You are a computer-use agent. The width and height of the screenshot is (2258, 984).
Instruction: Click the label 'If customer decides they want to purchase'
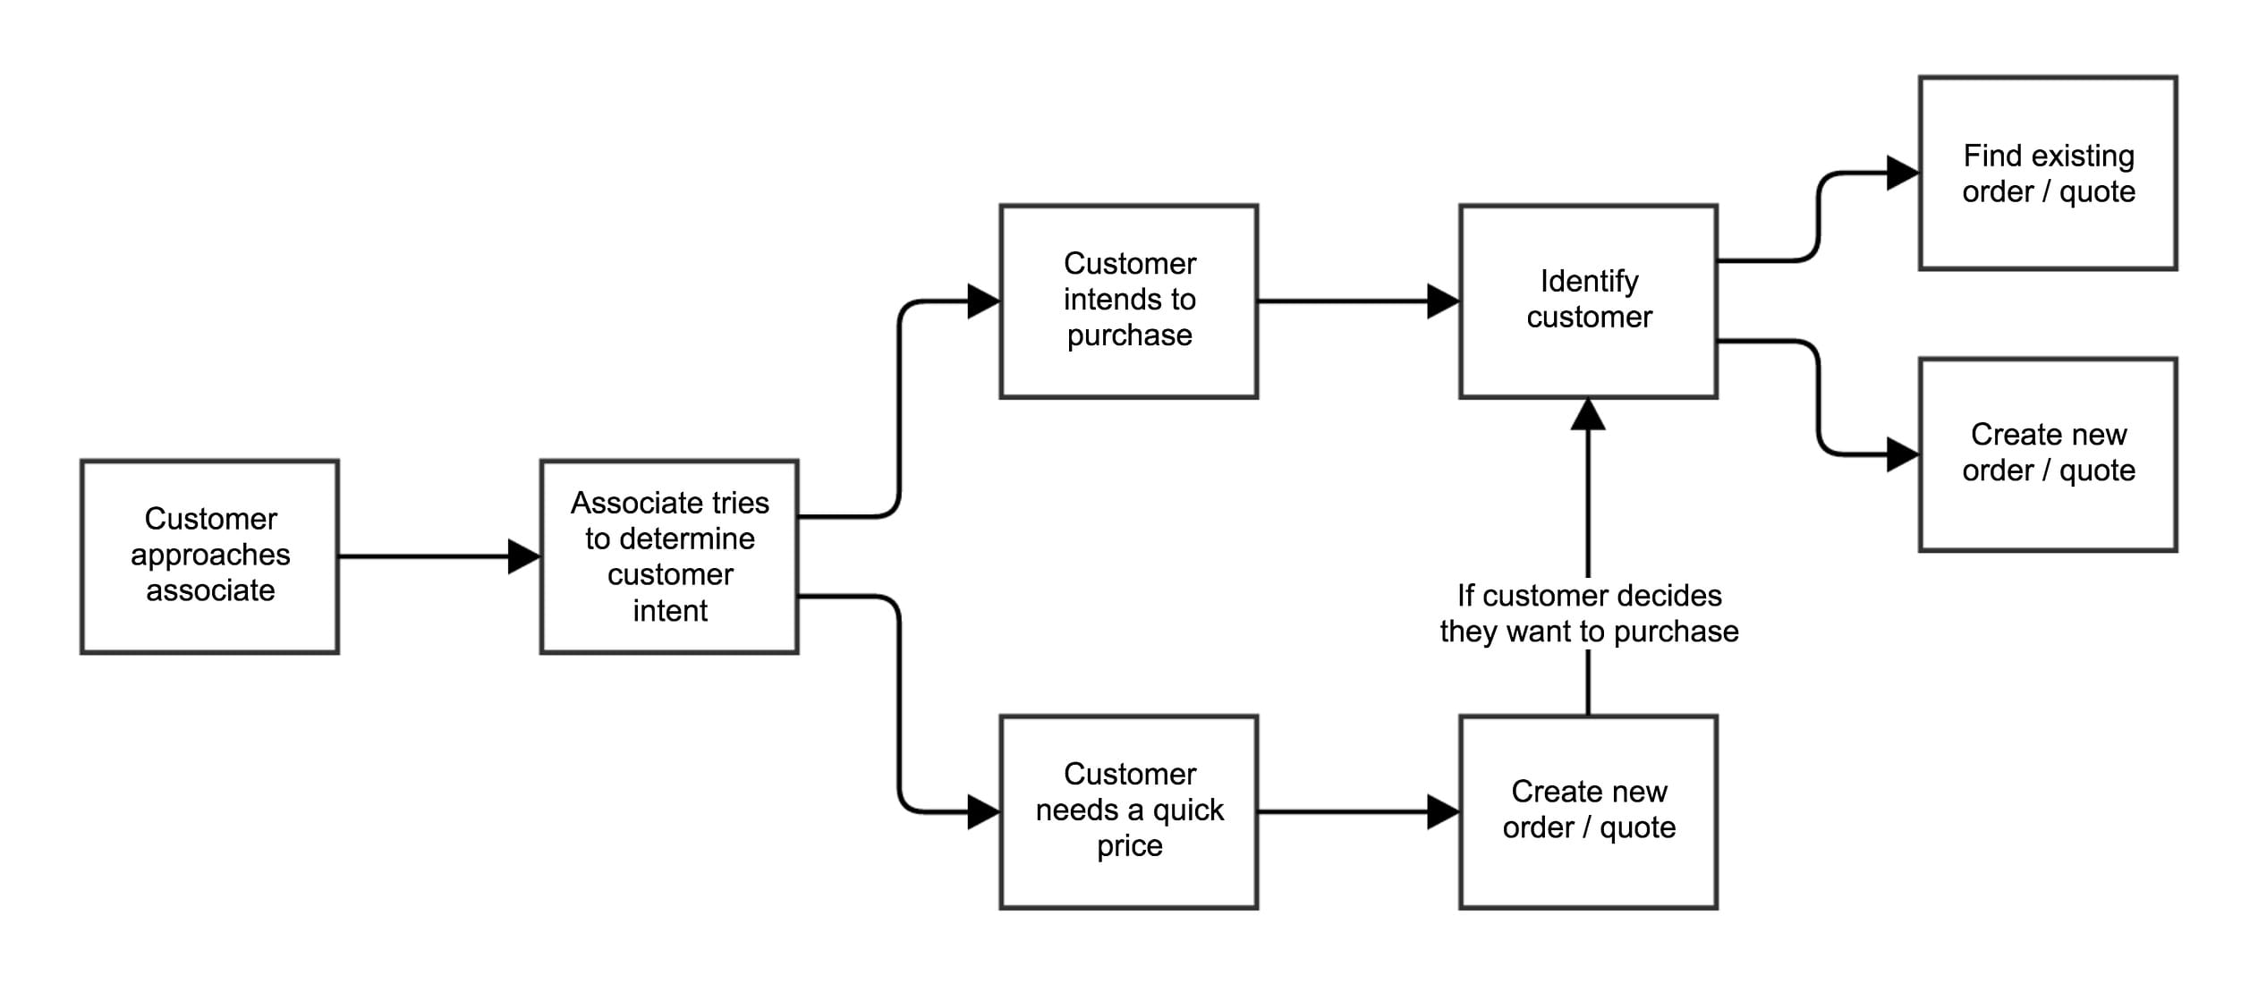pos(1589,614)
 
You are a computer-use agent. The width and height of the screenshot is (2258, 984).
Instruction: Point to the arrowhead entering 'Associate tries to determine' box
pos(524,556)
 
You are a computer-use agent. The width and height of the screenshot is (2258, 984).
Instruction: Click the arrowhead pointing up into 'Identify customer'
pos(1588,414)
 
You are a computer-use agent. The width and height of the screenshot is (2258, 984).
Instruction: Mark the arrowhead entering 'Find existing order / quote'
pos(1902,173)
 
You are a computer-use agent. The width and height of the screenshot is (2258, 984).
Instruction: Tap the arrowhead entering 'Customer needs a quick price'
pos(983,812)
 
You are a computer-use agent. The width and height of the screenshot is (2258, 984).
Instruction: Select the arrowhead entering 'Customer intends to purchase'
pos(983,301)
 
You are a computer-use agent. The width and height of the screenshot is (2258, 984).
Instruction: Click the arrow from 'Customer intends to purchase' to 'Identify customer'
pos(1342,301)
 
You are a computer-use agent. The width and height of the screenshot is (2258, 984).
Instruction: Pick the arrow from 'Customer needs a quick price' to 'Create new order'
pos(1342,812)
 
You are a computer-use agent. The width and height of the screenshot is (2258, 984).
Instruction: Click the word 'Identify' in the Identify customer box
pos(1589,282)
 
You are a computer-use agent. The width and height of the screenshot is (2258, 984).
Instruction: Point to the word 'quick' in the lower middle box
pos(1187,810)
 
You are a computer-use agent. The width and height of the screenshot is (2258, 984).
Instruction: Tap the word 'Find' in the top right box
pos(1993,156)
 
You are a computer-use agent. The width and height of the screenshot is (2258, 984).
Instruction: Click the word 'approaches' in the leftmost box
pos(210,556)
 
